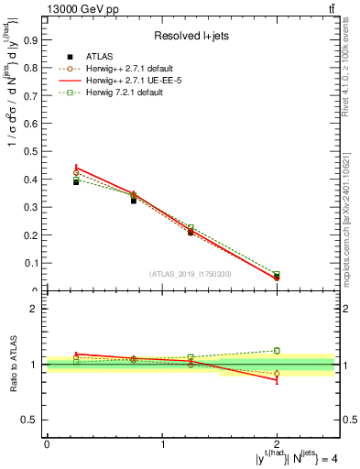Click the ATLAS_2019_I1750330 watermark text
[190, 274]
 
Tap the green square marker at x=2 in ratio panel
[277, 350]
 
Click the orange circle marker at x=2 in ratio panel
[277, 374]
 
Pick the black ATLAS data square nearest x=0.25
[76, 182]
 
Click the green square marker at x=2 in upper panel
[277, 275]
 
